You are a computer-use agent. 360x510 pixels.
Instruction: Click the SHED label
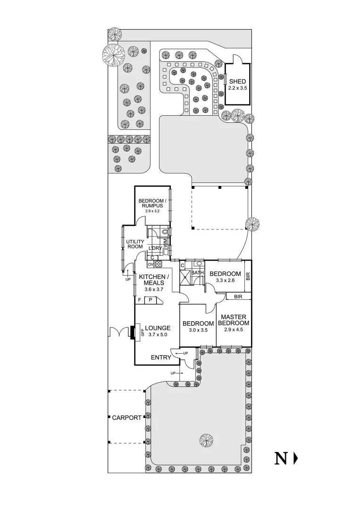point(237,82)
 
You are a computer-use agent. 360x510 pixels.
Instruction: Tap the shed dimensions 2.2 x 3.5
point(237,88)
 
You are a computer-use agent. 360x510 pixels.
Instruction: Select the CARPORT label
point(126,417)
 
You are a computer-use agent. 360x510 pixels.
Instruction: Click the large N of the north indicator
point(282,458)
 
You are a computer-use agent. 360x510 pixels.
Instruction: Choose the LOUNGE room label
point(158,328)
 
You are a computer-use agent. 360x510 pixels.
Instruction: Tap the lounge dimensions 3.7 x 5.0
point(158,334)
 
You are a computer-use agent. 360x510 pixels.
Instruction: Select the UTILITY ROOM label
point(135,244)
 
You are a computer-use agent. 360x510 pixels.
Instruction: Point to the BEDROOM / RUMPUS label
point(151,204)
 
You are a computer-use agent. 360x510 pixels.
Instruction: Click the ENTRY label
point(160,357)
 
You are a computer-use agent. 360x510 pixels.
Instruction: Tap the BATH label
point(198,273)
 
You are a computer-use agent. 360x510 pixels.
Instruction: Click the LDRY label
point(155,248)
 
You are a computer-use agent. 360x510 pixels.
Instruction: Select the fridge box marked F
point(140,300)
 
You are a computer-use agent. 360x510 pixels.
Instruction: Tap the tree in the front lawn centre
point(206,441)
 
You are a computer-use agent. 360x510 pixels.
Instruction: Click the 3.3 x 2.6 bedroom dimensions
point(225,280)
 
